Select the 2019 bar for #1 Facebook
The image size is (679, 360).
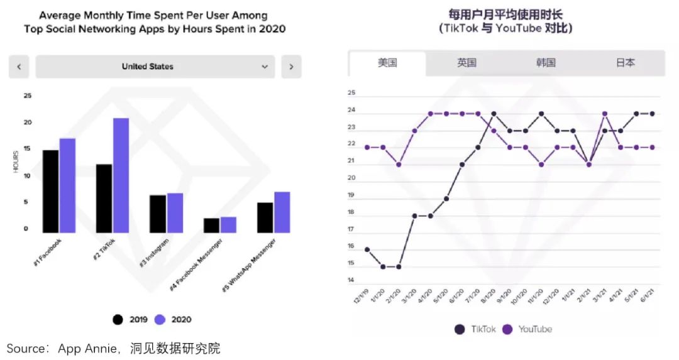click(50, 191)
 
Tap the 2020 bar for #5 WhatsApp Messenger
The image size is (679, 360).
click(282, 212)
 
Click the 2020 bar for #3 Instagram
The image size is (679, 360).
click(175, 213)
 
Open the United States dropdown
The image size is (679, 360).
click(155, 67)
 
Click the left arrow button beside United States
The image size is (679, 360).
click(19, 67)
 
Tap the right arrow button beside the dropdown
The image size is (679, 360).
click(291, 67)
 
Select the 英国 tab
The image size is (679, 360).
click(466, 63)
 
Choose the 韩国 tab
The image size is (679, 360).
click(546, 63)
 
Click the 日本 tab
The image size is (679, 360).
click(625, 63)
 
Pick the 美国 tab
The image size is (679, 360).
click(387, 63)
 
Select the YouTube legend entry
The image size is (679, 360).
click(527, 329)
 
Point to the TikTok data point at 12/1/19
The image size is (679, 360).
click(367, 249)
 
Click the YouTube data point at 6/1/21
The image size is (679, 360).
click(652, 147)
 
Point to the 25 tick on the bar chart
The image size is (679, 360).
click(27, 96)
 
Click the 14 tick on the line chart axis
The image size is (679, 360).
click(351, 280)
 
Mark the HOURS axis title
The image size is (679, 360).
click(16, 162)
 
